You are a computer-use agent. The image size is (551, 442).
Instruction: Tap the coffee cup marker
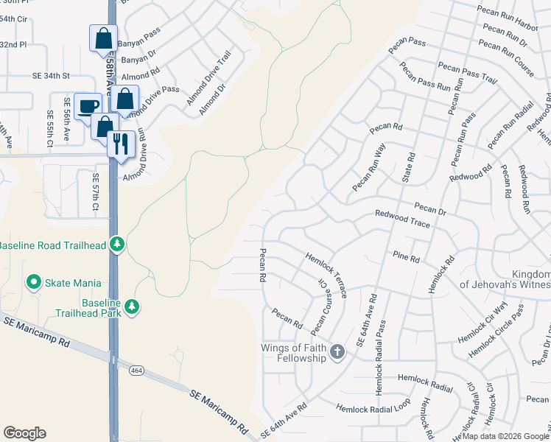pyautogui.click(x=88, y=107)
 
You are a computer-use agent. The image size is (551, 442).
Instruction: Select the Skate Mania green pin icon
pyautogui.click(x=33, y=282)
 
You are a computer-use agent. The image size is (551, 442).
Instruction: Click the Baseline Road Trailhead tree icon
pyautogui.click(x=116, y=244)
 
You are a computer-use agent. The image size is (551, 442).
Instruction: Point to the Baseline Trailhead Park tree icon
pyautogui.click(x=132, y=306)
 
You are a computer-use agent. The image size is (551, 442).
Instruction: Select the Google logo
pyautogui.click(x=24, y=433)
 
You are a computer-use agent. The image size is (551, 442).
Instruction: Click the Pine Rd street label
pyautogui.click(x=406, y=259)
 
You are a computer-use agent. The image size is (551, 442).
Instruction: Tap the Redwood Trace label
pyautogui.click(x=402, y=218)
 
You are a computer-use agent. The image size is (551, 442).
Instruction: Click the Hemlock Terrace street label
pyautogui.click(x=326, y=273)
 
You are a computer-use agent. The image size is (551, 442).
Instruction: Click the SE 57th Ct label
pyautogui.click(x=96, y=192)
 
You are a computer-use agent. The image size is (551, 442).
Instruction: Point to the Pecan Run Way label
pyautogui.click(x=369, y=168)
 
